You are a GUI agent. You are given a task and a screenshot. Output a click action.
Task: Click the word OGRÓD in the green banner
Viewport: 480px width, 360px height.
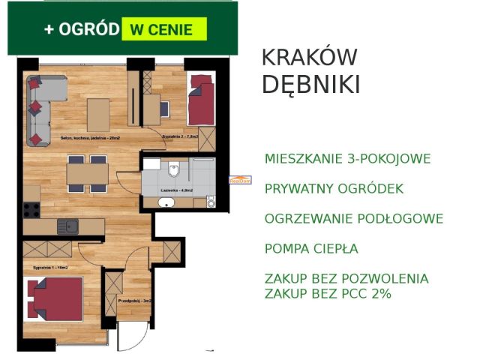[89, 29]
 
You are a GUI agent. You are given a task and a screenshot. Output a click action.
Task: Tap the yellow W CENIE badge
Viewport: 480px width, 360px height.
[161, 30]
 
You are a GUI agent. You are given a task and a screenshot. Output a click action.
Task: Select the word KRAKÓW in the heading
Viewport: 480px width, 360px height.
[309, 58]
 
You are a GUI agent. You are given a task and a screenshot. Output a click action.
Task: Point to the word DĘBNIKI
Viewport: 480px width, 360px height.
[310, 85]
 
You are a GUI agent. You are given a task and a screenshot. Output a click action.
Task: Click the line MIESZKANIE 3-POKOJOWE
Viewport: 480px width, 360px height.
[347, 159]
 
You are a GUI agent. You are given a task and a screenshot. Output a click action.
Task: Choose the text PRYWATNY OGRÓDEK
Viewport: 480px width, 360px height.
[334, 189]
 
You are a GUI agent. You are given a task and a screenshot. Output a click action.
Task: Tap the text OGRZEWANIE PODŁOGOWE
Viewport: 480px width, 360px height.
[353, 219]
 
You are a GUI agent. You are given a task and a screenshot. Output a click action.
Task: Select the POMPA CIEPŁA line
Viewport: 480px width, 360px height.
[311, 249]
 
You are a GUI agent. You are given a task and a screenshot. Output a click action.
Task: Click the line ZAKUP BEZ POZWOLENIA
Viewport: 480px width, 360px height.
[346, 279]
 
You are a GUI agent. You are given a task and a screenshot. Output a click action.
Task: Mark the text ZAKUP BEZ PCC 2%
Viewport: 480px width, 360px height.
[328, 294]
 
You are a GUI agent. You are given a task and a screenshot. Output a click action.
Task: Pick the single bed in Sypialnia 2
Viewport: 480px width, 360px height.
[200, 102]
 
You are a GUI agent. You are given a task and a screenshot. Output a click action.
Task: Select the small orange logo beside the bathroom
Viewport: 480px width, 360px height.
[239, 180]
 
